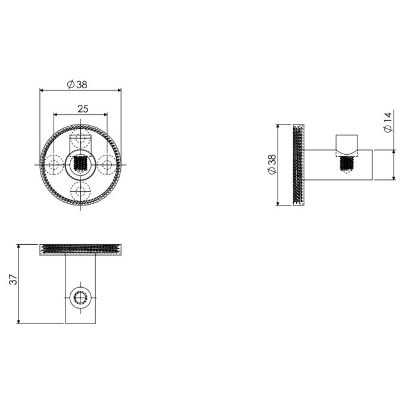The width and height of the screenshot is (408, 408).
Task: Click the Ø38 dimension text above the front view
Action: [x=77, y=85]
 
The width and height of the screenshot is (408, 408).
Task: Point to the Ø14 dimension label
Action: [x=388, y=122]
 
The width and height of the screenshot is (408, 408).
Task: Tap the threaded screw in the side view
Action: [x=346, y=162]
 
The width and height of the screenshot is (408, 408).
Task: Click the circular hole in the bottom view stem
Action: [x=80, y=296]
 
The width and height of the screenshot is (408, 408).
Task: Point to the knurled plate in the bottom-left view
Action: [x=80, y=249]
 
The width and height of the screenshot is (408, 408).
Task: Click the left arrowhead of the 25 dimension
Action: [x=55, y=114]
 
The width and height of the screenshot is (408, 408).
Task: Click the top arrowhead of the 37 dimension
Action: [x=20, y=245]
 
